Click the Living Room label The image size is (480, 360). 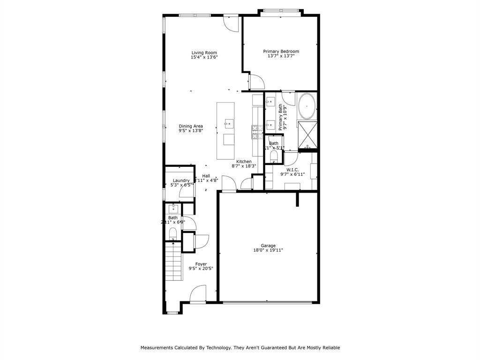(204, 52)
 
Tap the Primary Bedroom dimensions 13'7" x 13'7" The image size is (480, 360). (281, 56)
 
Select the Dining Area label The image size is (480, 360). (191, 126)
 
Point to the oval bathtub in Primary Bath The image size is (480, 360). (307, 106)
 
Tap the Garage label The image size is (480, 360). (268, 246)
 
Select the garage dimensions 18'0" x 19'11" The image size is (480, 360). (268, 251)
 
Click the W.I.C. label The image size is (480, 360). (292, 170)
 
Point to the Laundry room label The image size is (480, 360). (181, 180)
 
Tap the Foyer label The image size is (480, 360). (201, 264)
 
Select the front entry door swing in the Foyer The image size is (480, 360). (198, 294)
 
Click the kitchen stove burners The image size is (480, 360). (257, 132)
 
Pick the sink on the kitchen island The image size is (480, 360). (229, 124)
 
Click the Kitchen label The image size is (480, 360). (244, 161)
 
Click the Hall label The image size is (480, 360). (206, 176)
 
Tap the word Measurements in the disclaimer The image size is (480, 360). (159, 348)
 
